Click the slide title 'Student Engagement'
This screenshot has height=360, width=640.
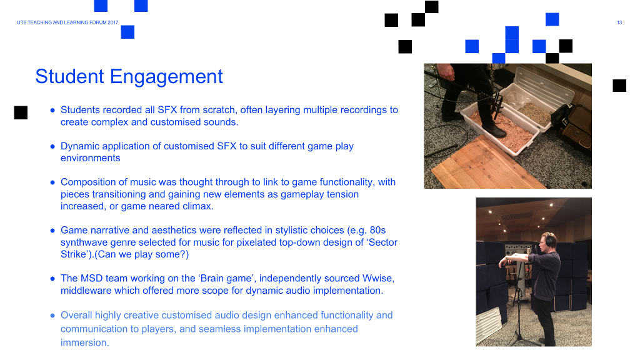point(129,77)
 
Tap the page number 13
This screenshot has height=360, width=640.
point(619,22)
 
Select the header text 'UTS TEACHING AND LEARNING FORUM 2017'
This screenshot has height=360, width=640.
point(67,22)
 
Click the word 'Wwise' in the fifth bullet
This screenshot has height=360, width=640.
point(377,278)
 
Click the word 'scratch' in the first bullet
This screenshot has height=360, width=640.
point(219,110)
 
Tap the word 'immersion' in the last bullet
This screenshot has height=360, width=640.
point(84,343)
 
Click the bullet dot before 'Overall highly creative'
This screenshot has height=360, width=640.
point(52,316)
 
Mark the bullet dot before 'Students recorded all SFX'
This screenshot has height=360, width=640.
point(52,110)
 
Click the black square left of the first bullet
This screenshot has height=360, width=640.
point(21,112)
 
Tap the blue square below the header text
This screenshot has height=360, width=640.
point(127,32)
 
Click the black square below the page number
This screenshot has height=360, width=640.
point(619,85)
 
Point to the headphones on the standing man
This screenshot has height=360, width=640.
point(550,239)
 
